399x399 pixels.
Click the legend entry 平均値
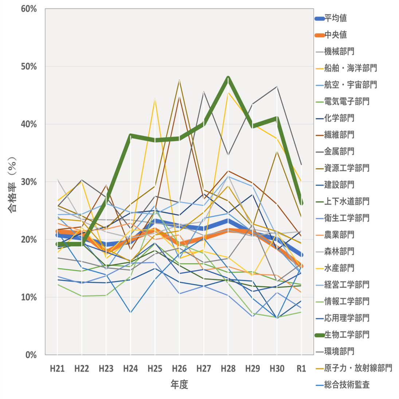335,18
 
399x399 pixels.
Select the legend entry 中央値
335,35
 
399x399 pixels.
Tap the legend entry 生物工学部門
347,335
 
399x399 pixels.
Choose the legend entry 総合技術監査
347,385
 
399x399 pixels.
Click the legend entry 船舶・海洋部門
350,68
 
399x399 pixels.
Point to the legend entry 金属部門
339,151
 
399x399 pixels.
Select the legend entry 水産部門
339,268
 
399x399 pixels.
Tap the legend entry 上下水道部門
347,201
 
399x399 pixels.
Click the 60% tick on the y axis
29,9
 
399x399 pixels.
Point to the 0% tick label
31,355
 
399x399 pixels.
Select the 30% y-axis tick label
29,182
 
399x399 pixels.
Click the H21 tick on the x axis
57,368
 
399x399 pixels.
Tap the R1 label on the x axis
301,368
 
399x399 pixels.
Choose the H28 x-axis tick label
228,368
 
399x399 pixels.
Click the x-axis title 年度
179,384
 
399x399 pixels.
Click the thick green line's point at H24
130,136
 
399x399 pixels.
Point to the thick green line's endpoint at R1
301,203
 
